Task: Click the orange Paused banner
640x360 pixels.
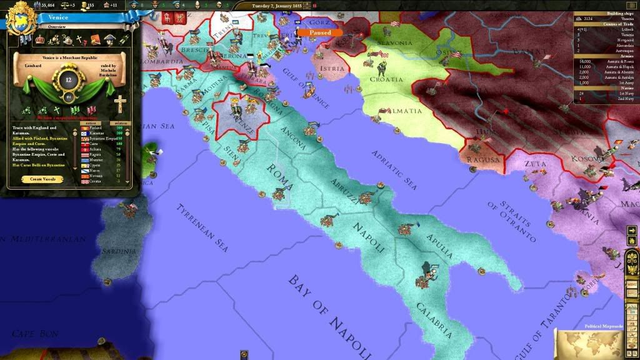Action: pos(319,32)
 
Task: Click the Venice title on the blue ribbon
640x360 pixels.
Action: pos(57,17)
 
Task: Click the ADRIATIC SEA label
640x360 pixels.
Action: pos(394,169)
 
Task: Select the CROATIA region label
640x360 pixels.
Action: pos(386,79)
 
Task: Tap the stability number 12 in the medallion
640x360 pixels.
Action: pos(69,79)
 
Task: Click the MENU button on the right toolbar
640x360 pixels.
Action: pos(632,282)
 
